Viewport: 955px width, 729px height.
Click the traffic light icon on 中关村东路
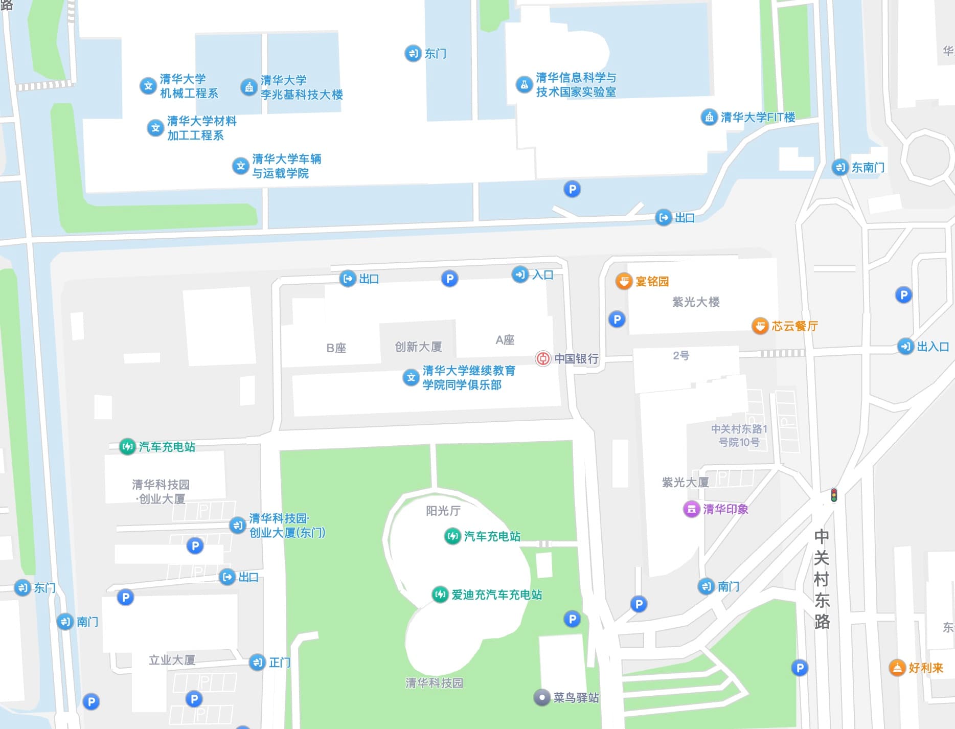click(x=834, y=495)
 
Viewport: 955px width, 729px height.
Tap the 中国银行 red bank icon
click(x=543, y=358)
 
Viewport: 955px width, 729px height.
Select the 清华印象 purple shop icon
click(x=691, y=509)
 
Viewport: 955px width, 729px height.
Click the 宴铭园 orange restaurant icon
click(x=624, y=281)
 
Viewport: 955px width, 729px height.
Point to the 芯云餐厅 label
click(x=794, y=326)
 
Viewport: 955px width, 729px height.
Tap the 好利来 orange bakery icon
click(x=897, y=668)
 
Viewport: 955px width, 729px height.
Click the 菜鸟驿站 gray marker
click(x=542, y=697)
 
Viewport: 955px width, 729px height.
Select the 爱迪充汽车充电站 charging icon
click(x=440, y=594)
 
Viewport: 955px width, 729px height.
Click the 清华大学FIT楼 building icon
click(x=709, y=117)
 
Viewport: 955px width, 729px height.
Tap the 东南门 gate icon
click(x=840, y=167)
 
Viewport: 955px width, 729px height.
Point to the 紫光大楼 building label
click(x=696, y=302)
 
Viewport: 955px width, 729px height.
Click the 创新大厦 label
click(x=418, y=347)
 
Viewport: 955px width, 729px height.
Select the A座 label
click(x=505, y=340)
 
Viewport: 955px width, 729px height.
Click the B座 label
click(x=336, y=348)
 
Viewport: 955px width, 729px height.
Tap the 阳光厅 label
click(x=443, y=511)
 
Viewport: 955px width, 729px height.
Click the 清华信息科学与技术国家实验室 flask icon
click(x=524, y=84)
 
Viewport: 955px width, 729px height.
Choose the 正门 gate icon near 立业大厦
click(x=257, y=663)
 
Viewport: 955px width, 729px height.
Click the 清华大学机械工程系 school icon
click(x=148, y=86)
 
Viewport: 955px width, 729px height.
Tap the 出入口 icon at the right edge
click(x=905, y=347)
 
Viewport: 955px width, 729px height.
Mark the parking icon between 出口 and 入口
click(x=449, y=279)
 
